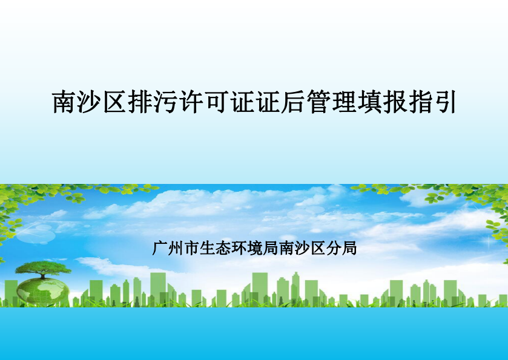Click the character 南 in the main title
click(x=64, y=102)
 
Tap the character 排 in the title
click(x=140, y=102)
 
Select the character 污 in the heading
click(x=165, y=102)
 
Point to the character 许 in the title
click(x=191, y=102)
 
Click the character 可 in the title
click(x=216, y=102)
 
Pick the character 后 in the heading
click(x=292, y=102)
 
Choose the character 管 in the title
click(x=318, y=102)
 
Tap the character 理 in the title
click(x=343, y=102)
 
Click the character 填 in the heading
click(x=369, y=102)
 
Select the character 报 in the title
click(x=394, y=102)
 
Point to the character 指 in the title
click(x=420, y=102)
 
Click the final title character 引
click(x=445, y=102)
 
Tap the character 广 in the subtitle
click(x=160, y=248)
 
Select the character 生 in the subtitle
click(x=207, y=248)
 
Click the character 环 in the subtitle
click(x=239, y=248)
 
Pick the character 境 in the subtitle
click(x=255, y=248)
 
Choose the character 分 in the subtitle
click(x=334, y=248)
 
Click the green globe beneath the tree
click(x=42, y=290)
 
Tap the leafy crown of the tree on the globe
click(x=43, y=267)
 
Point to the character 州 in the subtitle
click(x=176, y=248)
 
